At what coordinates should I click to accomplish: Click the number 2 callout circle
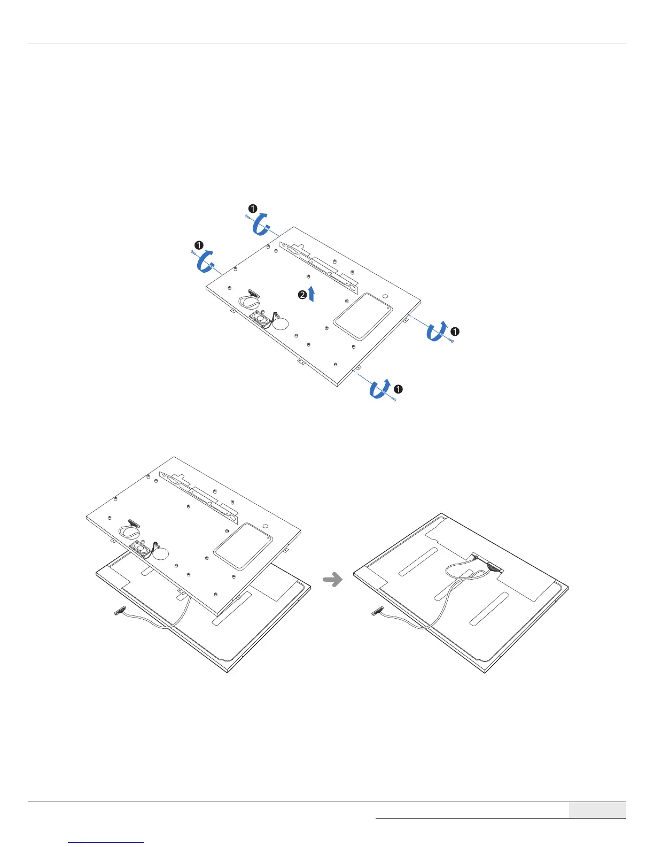(302, 295)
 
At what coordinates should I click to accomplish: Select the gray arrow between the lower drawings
(333, 580)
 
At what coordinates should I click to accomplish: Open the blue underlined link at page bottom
(106, 843)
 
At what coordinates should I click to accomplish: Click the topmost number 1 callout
(253, 209)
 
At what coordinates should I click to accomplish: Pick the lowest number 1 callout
(398, 389)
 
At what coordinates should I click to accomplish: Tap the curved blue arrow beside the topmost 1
(262, 224)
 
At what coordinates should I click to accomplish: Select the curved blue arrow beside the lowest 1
(380, 389)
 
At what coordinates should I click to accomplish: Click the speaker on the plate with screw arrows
(260, 319)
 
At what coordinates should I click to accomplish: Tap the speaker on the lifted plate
(141, 548)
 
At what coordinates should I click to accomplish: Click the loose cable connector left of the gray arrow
(120, 611)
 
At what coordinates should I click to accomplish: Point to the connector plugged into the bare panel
(494, 568)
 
